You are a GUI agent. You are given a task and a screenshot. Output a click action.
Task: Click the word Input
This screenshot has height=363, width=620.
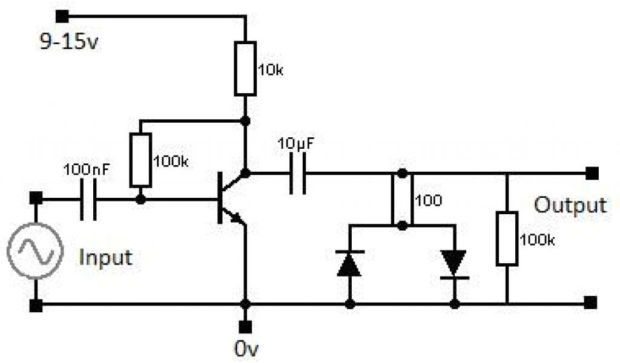pos(106,258)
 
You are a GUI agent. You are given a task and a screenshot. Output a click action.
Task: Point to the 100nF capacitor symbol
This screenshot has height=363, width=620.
pos(88,199)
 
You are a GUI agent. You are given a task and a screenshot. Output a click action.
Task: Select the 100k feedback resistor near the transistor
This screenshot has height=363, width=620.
pos(140,160)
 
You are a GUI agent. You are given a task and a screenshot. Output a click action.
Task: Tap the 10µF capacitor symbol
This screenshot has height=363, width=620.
pos(297,174)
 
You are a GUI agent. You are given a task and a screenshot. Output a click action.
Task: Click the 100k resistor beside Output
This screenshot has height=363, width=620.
pos(507,238)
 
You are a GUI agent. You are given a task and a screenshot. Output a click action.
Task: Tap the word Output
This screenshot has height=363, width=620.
pos(570,206)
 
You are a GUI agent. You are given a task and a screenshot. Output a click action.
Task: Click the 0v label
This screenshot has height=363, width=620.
pos(246,350)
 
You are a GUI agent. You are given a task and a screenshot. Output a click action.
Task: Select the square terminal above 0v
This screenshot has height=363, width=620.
pos(245,327)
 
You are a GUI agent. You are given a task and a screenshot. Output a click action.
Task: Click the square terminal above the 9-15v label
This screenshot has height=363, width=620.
pos(61,16)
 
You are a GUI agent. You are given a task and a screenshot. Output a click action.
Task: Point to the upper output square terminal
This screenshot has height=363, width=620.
pos(592,174)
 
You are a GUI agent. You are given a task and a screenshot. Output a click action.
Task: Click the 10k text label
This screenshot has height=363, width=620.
pos(270,70)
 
